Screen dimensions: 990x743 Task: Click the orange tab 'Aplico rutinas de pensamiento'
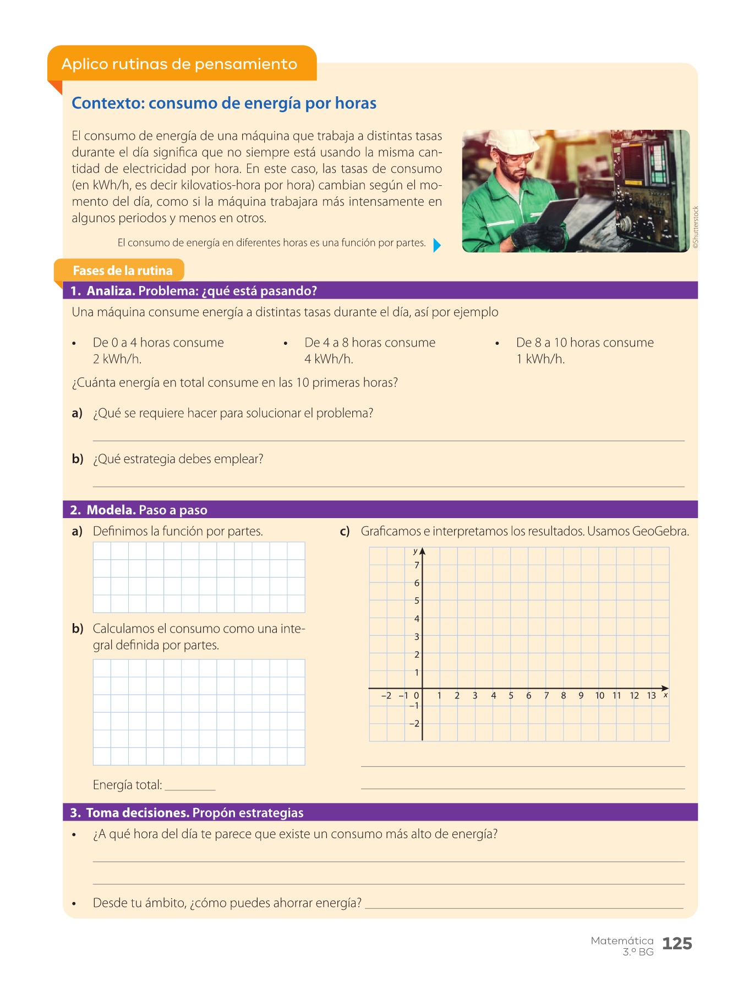point(179,64)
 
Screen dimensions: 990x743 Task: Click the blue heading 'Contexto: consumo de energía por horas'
point(224,103)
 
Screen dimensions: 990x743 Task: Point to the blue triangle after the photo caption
point(437,245)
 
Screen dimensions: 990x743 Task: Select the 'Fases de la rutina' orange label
point(122,270)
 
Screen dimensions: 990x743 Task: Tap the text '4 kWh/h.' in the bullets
point(329,359)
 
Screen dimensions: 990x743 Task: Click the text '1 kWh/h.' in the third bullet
point(540,359)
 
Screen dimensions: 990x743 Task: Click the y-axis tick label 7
point(417,565)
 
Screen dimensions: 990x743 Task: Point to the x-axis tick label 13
point(651,696)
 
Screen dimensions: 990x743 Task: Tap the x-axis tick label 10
point(599,696)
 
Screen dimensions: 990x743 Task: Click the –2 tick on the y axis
point(414,723)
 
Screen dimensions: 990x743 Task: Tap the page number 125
point(677,944)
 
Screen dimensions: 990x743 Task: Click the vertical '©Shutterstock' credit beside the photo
point(696,228)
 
